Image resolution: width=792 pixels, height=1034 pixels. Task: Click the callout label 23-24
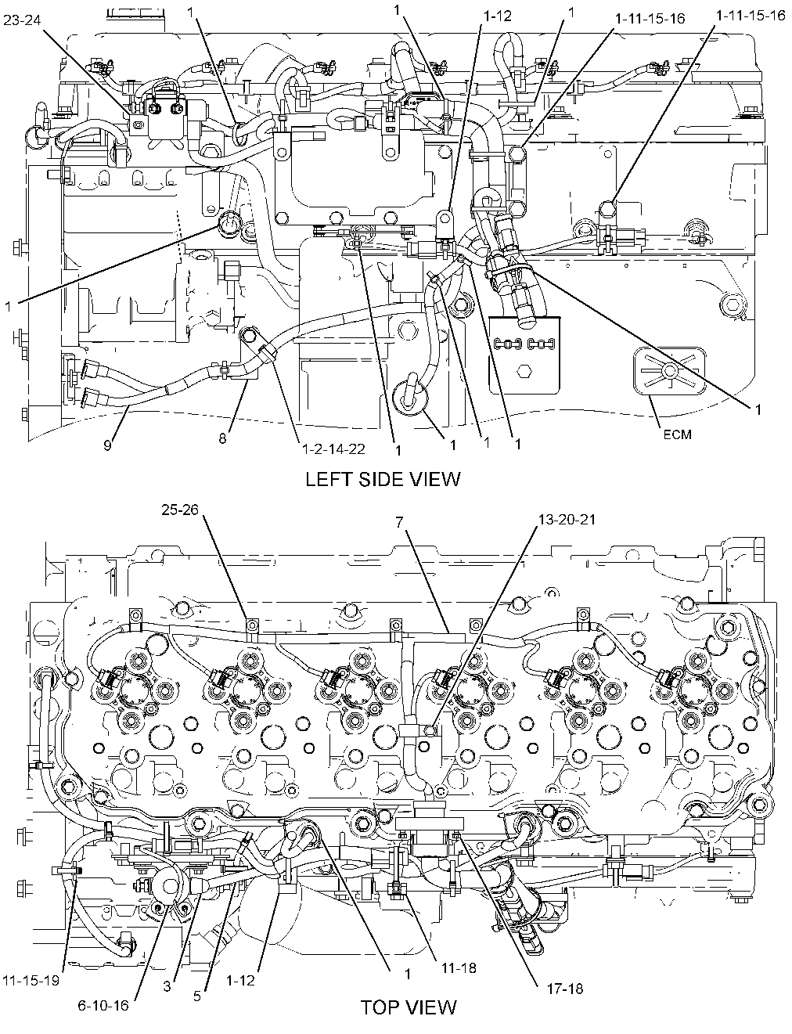22,20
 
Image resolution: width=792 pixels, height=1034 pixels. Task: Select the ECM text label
678,434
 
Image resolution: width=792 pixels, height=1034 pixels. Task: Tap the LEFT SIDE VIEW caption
383,479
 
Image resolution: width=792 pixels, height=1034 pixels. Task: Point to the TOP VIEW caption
409,1007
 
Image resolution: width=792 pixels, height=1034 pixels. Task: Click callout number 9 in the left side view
107,445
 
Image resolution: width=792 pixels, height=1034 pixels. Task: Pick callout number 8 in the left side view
222,438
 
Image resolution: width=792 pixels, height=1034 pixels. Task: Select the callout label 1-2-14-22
333,449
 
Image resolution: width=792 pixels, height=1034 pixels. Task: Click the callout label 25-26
180,510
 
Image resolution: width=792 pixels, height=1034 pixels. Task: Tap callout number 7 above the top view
399,522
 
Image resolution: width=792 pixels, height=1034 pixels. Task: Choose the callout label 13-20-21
567,520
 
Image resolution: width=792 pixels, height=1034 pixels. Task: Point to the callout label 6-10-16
103,1006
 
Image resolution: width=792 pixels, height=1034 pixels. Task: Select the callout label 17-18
565,989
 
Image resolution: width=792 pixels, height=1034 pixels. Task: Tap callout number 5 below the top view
197,996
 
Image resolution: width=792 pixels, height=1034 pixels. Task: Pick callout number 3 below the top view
167,986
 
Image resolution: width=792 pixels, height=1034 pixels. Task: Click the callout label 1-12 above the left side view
498,16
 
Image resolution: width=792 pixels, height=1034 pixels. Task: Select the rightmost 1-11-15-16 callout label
751,16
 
